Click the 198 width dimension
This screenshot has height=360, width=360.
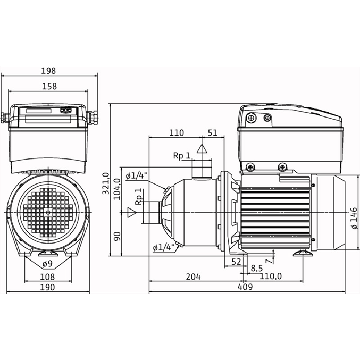pos(48,71)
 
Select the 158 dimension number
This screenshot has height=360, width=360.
pos(49,86)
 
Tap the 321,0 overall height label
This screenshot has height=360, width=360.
pos(106,183)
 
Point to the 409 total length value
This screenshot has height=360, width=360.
pos(245,287)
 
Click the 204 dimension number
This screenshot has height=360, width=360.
pos(193,277)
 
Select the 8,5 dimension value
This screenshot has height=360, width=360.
pos(257,268)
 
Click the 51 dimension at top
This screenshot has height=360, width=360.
pos(212,133)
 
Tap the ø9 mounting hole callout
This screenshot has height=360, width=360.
pos(47,264)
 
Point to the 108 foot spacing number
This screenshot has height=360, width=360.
pos(47,277)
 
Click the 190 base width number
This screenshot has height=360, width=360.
pos(47,287)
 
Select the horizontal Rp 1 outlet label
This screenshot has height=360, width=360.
pos(182,156)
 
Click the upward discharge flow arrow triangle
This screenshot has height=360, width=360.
pos(202,148)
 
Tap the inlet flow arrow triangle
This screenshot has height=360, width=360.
pos(132,212)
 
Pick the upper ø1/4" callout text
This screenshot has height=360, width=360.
pos(136,176)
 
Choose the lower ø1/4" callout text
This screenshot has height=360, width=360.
pos(163,248)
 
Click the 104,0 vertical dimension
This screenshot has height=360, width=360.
pos(117,189)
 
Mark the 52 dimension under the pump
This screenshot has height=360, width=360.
pos(236,262)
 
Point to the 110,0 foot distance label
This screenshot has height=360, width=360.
pos(271,276)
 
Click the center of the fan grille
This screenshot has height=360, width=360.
pos(48,213)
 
